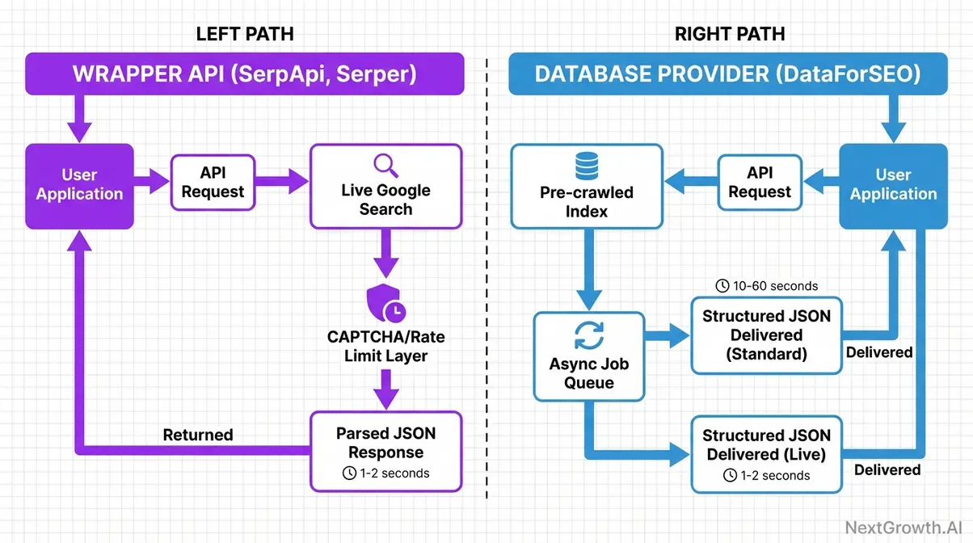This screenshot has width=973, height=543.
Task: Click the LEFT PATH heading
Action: (x=244, y=34)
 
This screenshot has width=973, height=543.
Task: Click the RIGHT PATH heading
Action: (x=730, y=34)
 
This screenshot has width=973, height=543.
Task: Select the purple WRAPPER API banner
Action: (x=244, y=74)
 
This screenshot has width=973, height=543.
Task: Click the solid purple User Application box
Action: (x=79, y=186)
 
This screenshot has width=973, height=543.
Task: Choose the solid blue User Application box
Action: (x=893, y=186)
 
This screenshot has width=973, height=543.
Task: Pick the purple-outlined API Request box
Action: (x=213, y=183)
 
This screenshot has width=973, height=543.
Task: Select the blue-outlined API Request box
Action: (x=759, y=183)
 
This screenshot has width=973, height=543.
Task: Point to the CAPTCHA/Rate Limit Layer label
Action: (x=385, y=346)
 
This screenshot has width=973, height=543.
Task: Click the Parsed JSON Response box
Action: (x=385, y=451)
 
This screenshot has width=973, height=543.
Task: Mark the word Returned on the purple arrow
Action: (x=198, y=435)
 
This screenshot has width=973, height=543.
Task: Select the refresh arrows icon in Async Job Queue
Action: (x=588, y=335)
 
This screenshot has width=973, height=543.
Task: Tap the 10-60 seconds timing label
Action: (x=766, y=286)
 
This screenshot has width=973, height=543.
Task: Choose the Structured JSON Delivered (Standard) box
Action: (x=766, y=335)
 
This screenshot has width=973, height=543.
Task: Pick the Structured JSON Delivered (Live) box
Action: (x=766, y=453)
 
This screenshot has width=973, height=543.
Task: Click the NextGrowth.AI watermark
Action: (x=903, y=528)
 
